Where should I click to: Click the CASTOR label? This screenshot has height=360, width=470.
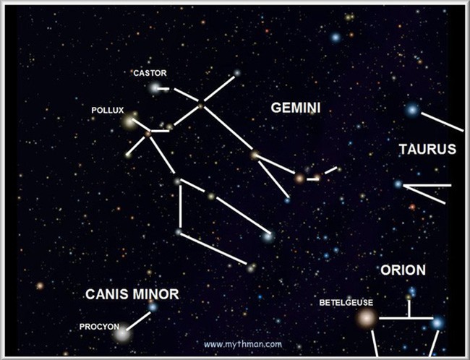point(150,73)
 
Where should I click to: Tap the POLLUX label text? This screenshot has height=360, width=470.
point(108,111)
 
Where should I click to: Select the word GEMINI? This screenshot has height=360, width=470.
point(296,108)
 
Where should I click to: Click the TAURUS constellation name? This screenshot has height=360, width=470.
point(427,149)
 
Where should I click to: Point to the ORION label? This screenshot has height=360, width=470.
point(403,270)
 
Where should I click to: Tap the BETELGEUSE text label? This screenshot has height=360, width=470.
point(346,303)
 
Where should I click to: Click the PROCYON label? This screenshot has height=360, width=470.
point(99,327)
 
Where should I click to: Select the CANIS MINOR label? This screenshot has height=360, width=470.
point(132,294)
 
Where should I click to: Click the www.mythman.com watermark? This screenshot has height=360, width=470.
point(243,344)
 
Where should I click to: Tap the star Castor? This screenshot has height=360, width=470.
point(154,88)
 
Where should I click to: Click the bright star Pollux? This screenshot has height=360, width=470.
point(129,121)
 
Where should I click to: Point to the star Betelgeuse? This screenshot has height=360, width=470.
point(366,318)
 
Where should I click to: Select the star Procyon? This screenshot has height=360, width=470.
point(122,334)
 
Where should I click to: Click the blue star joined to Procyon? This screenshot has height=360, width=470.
point(153,307)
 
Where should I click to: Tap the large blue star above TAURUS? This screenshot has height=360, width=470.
point(412,110)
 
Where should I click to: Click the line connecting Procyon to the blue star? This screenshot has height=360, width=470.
point(138,321)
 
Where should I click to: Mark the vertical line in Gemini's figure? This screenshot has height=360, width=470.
point(181,207)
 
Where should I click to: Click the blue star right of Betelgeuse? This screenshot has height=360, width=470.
point(437,323)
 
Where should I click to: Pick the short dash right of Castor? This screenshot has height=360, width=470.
point(163,89)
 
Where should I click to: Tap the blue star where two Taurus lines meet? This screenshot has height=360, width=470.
point(398,184)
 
